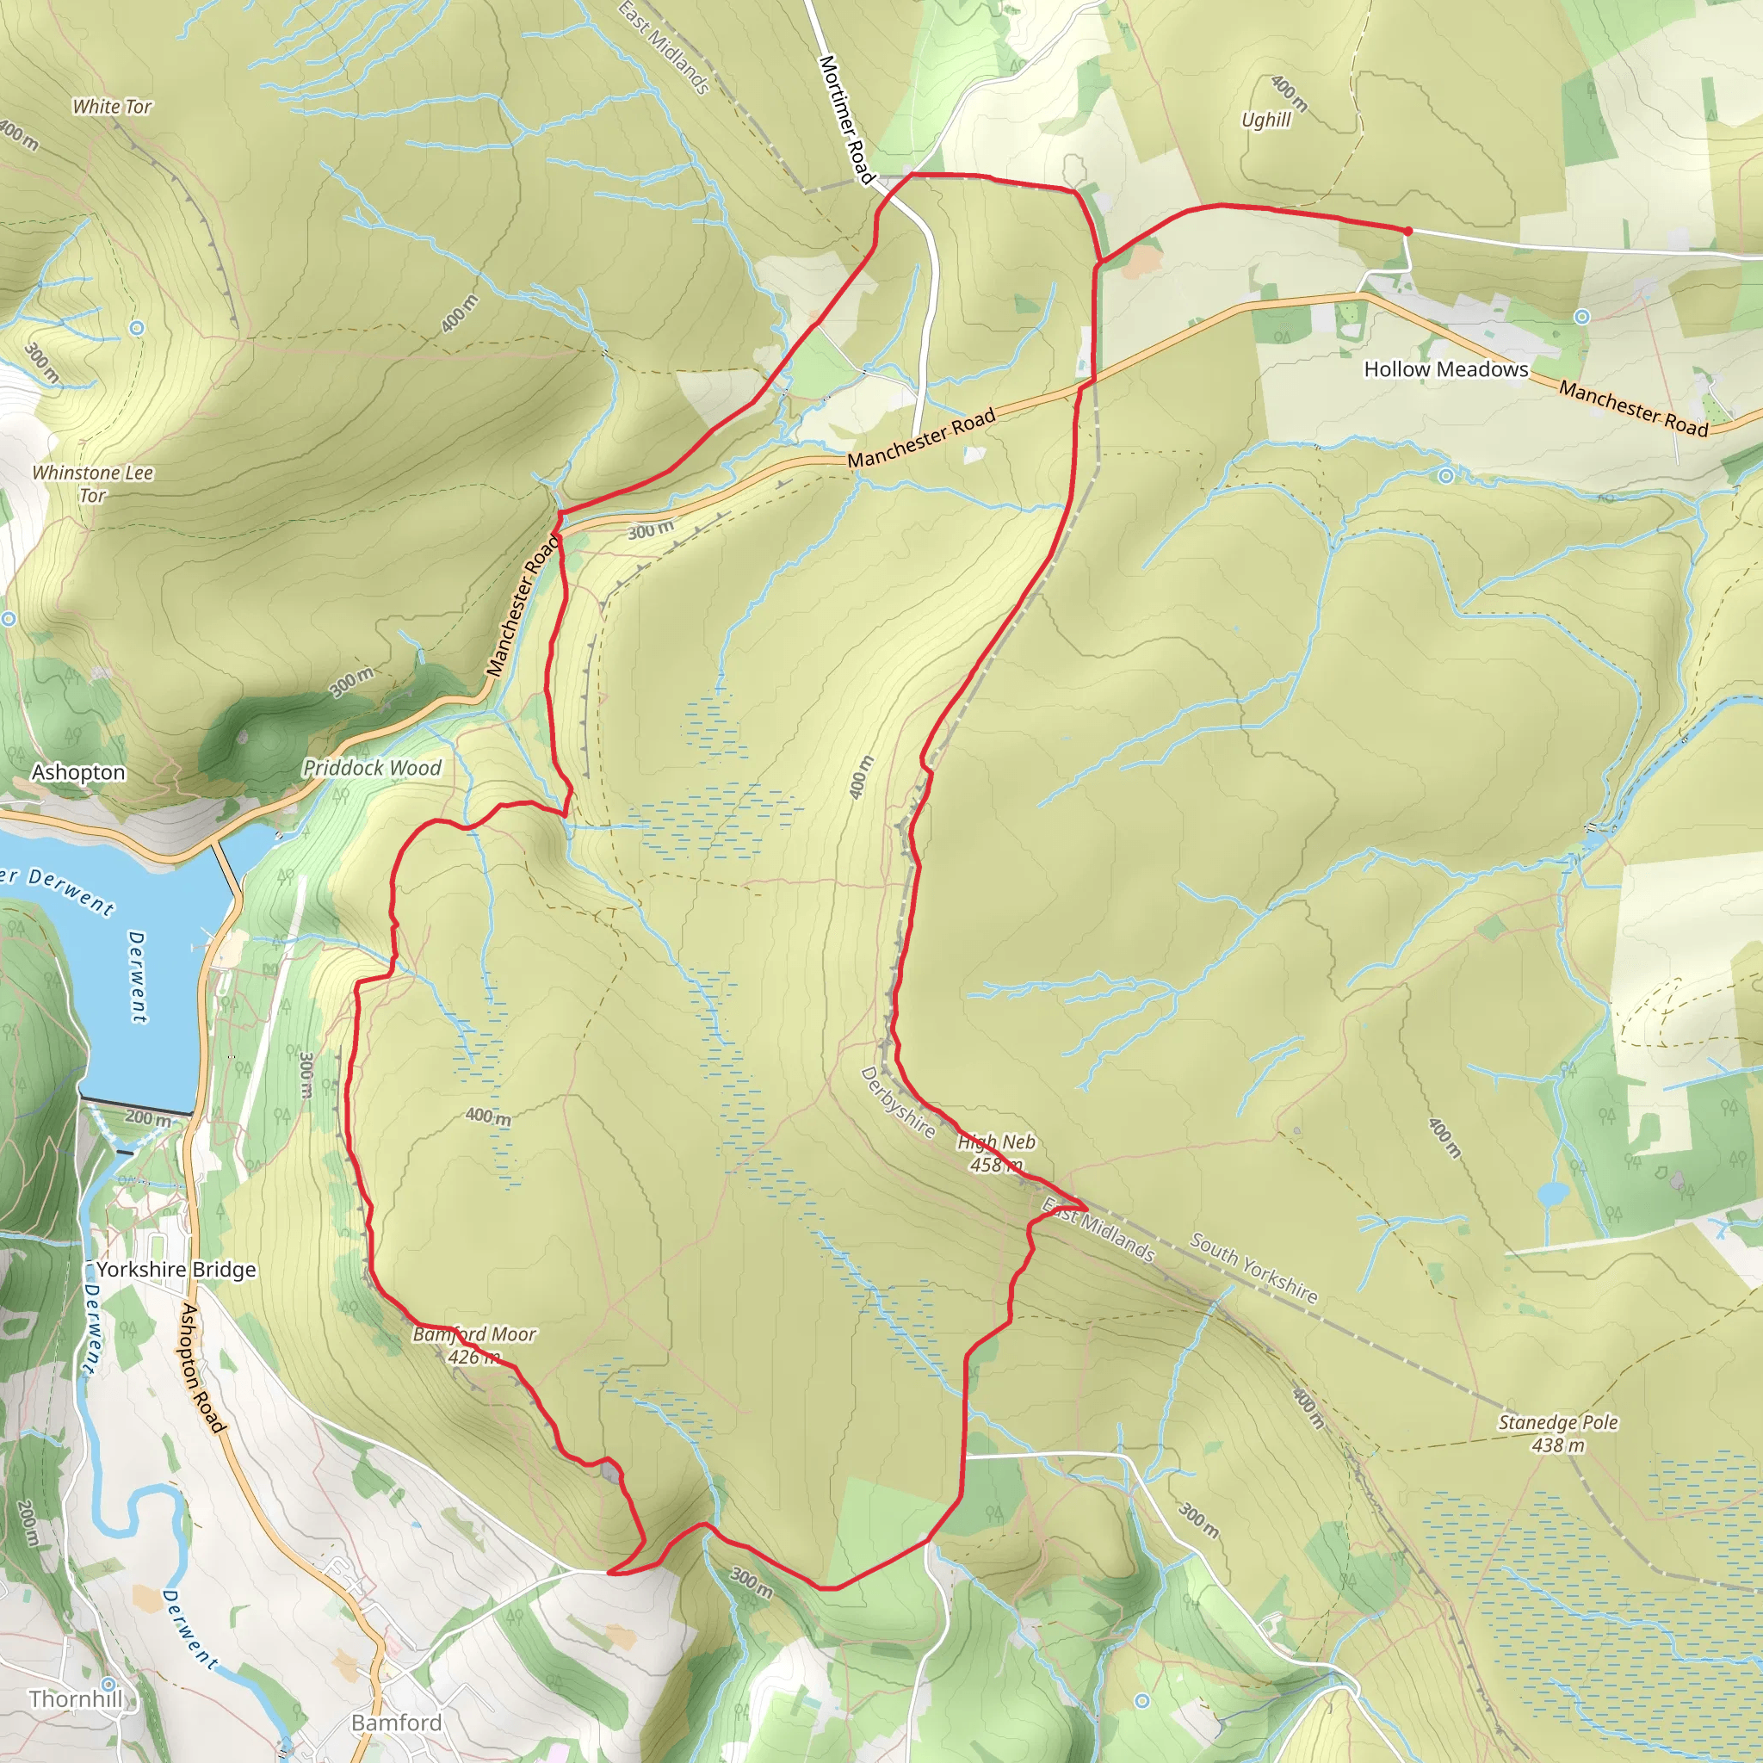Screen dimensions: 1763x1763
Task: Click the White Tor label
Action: pos(112,107)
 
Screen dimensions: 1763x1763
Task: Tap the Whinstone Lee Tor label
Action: pos(92,484)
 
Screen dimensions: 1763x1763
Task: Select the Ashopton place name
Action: pos(78,772)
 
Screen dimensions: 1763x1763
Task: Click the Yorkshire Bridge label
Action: pos(176,1270)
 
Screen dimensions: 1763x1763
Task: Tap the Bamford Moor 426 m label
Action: pos(473,1345)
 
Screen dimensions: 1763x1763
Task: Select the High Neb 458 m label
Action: pos(997,1153)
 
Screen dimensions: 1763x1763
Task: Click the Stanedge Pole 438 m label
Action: pos(1557,1432)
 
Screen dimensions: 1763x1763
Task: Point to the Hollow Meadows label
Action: pos(1445,369)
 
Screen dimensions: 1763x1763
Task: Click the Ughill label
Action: pos(1265,121)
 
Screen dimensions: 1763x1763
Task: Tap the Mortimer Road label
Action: pos(846,119)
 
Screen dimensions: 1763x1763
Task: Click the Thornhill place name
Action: pos(76,1698)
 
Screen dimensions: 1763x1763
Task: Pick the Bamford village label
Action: pos(396,1722)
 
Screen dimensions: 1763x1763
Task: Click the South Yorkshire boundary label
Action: pos(1253,1268)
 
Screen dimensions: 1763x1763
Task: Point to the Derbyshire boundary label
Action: pos(897,1103)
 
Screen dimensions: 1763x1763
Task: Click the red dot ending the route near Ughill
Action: pos(1407,232)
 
